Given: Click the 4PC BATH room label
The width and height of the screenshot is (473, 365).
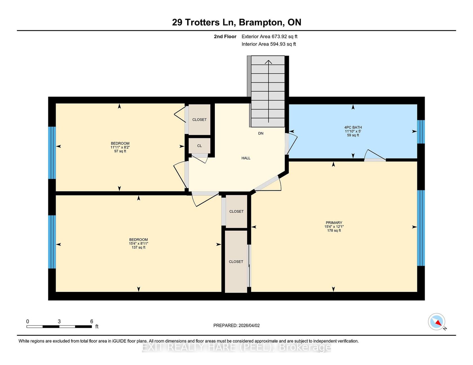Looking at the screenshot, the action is (x=353, y=127).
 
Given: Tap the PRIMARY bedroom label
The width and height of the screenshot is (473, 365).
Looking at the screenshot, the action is (x=334, y=223).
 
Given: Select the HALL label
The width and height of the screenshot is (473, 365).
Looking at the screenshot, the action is (x=246, y=158).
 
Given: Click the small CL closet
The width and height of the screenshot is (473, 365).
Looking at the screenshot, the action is (x=199, y=146).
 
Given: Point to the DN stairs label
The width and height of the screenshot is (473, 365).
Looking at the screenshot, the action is (x=261, y=133).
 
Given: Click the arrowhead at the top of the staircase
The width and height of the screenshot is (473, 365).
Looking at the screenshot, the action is (x=269, y=62).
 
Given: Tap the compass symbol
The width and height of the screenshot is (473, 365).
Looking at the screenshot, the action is (x=437, y=322).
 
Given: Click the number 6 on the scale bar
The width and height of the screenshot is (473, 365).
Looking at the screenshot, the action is (x=92, y=321).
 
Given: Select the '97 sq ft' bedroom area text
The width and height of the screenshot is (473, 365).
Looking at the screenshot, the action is (x=120, y=151).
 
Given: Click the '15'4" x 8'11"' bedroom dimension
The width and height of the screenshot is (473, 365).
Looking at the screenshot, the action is (x=139, y=244).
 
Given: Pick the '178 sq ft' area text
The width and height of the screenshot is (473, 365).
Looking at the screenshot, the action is (x=334, y=230).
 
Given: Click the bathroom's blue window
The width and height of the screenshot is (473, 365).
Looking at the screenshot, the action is (x=421, y=132).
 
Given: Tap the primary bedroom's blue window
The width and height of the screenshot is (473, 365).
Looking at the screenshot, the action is (x=421, y=228).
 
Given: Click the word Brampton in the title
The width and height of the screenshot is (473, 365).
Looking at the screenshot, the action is (x=261, y=22).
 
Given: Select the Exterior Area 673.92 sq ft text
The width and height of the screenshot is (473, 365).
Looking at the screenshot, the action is (x=269, y=37).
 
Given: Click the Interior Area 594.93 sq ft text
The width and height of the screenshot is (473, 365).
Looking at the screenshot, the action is (x=269, y=44).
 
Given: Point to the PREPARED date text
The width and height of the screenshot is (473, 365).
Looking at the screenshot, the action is (x=236, y=326).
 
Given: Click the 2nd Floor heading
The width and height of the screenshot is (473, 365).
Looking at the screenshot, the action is (x=225, y=37).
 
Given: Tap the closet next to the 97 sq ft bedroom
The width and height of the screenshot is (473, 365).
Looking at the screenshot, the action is (x=199, y=119).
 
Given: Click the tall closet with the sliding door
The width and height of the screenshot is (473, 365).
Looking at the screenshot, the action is (x=236, y=262).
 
